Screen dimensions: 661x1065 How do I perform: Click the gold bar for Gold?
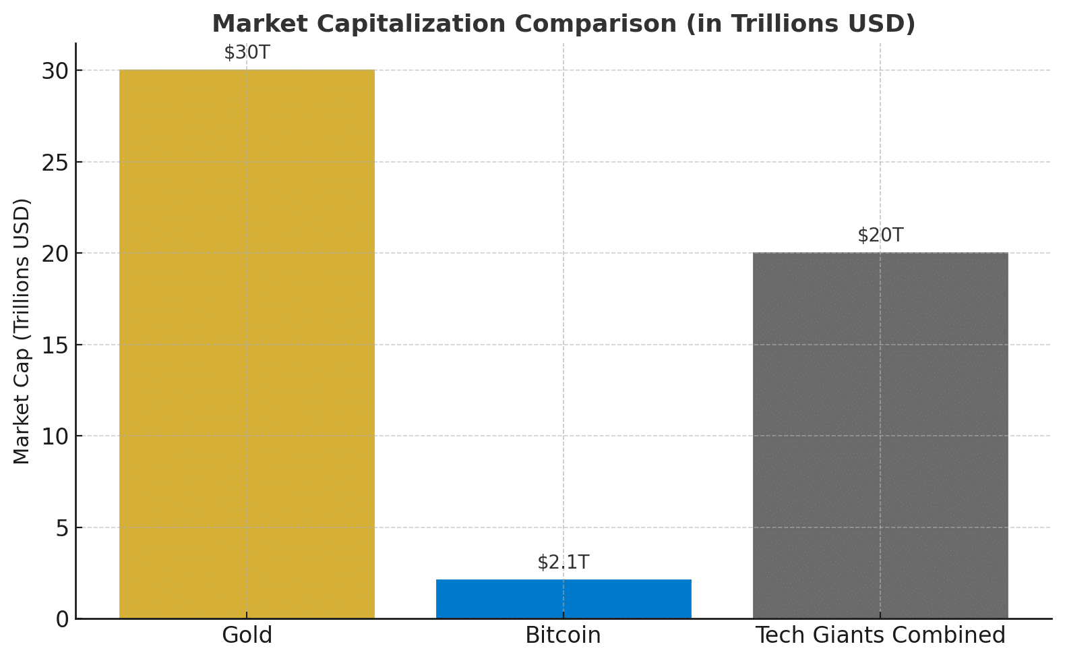247,344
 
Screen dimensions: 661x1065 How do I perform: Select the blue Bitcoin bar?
564,599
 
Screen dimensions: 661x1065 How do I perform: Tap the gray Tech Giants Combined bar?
880,436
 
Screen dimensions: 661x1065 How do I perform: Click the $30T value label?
247,53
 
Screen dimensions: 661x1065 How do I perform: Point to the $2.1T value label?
564,563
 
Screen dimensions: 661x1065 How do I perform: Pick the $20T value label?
880,235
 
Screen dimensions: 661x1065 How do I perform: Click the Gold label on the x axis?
247,635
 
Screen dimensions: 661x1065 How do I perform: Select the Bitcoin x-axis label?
564,635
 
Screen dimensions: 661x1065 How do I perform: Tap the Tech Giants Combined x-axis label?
880,635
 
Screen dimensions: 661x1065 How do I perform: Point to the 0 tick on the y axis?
61,619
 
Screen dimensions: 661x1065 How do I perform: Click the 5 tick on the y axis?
61,527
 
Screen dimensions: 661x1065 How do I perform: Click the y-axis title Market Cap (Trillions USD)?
22,330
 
